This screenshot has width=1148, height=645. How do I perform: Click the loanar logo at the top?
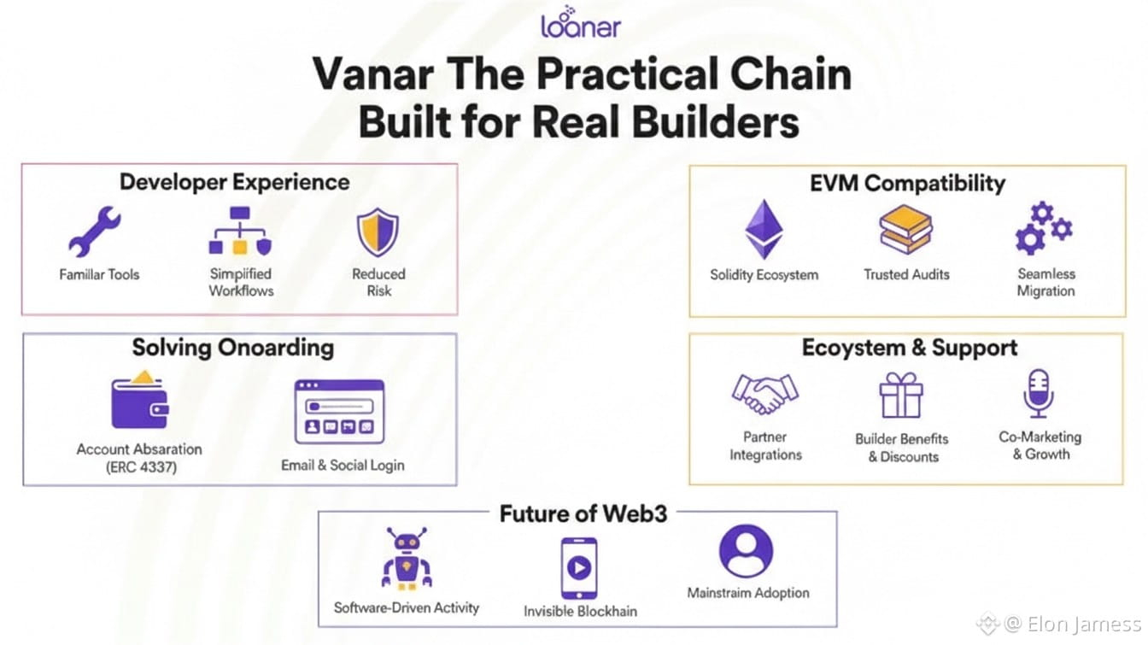click(x=580, y=23)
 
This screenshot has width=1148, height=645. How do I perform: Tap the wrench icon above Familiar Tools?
click(x=95, y=232)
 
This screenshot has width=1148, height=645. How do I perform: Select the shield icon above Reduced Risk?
click(x=378, y=233)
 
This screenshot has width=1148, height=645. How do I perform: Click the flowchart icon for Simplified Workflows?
click(x=240, y=232)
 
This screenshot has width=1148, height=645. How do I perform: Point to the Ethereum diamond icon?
click(x=764, y=230)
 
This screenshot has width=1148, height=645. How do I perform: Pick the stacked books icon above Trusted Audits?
click(x=905, y=230)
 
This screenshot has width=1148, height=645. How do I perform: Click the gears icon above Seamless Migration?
click(x=1043, y=228)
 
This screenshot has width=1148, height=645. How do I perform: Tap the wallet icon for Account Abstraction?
click(x=139, y=402)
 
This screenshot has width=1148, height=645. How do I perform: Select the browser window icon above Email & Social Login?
click(x=339, y=412)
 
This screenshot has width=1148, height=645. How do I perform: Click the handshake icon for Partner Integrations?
click(x=764, y=394)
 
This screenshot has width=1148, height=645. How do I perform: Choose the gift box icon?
click(x=901, y=396)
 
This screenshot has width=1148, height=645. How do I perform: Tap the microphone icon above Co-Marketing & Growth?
click(x=1039, y=394)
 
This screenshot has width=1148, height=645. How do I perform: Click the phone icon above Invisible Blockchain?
click(x=578, y=567)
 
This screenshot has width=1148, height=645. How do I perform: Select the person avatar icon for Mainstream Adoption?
click(x=746, y=552)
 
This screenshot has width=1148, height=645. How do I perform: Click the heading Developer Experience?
click(x=234, y=182)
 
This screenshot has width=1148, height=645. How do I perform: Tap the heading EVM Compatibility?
click(x=907, y=183)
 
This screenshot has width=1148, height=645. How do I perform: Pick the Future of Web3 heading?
click(x=583, y=513)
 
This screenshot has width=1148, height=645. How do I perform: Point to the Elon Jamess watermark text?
click(x=1083, y=624)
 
